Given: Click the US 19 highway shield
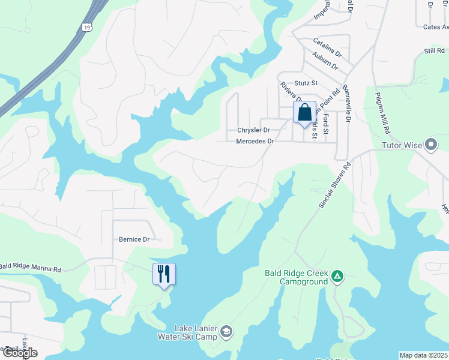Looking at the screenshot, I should [x=88, y=27].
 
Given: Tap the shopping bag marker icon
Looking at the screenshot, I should [x=304, y=112].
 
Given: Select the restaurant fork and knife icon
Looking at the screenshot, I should [x=164, y=274].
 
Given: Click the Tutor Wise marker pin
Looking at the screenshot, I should [x=431, y=145].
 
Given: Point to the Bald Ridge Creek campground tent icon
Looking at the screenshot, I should [x=338, y=276].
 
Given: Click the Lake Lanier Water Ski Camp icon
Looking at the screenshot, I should [x=226, y=332].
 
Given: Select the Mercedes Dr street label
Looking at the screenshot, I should [x=255, y=142].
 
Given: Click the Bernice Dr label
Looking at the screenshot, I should [x=133, y=239].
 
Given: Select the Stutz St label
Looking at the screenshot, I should [x=306, y=83].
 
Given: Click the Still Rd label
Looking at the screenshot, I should [x=433, y=52].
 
